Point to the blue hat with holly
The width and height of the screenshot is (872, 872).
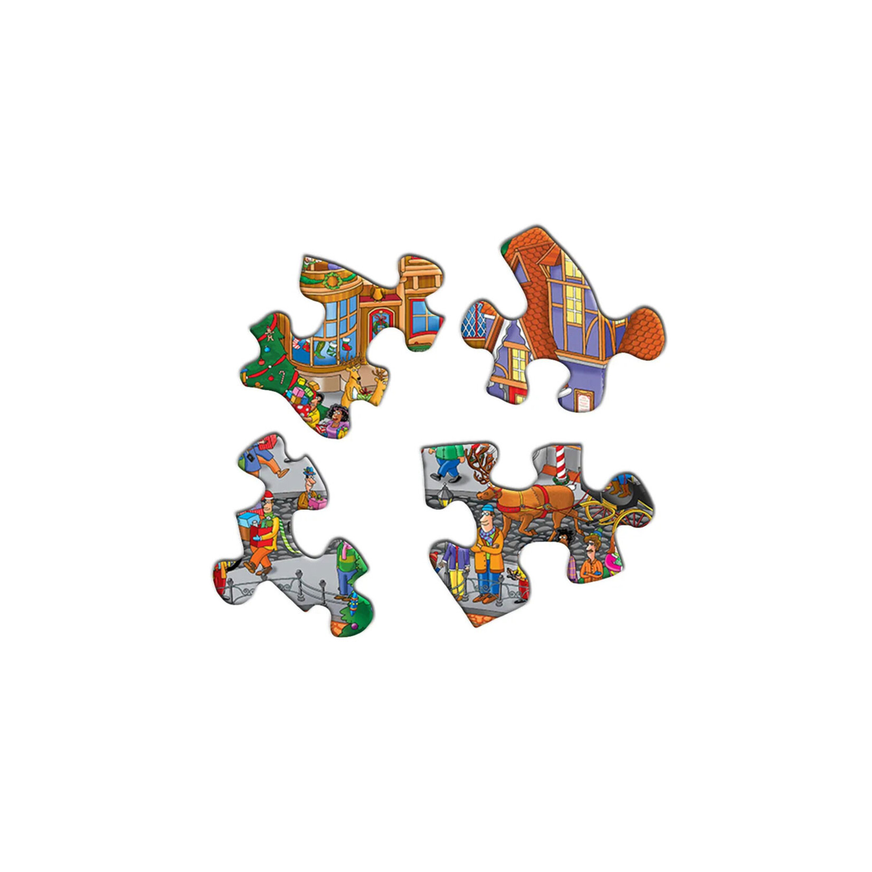click(x=308, y=471)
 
